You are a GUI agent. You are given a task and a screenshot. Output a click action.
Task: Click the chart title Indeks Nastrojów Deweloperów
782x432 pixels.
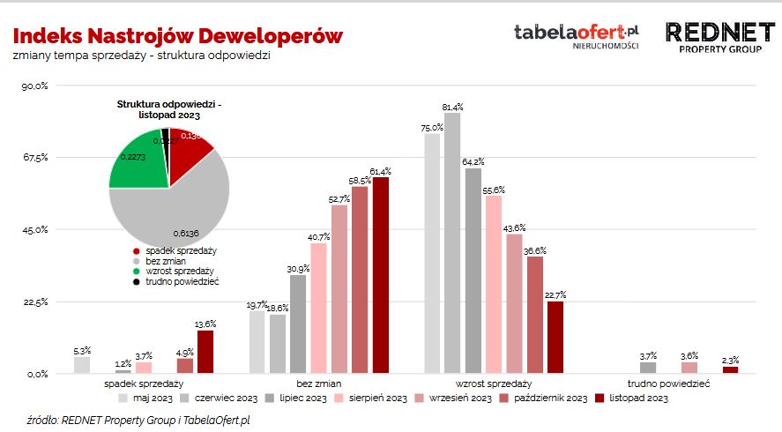tap(177, 36)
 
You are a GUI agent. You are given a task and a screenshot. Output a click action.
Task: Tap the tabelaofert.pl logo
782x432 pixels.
tap(577, 34)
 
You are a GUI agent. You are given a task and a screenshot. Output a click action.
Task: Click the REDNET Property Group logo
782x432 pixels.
tap(721, 38)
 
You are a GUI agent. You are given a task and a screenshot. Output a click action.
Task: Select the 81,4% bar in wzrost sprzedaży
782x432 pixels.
tap(453, 242)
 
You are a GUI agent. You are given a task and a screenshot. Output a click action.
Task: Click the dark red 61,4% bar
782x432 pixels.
tap(380, 275)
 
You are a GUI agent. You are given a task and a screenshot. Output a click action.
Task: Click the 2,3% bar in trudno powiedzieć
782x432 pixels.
tap(730, 369)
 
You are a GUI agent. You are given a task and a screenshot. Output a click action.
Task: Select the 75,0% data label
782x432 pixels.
tap(432, 128)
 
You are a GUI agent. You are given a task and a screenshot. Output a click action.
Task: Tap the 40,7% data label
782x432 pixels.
tap(318, 237)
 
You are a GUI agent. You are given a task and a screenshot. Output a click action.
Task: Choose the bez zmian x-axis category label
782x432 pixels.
tap(318, 384)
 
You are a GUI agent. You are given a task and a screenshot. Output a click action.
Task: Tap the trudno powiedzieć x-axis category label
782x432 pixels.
tap(669, 384)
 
